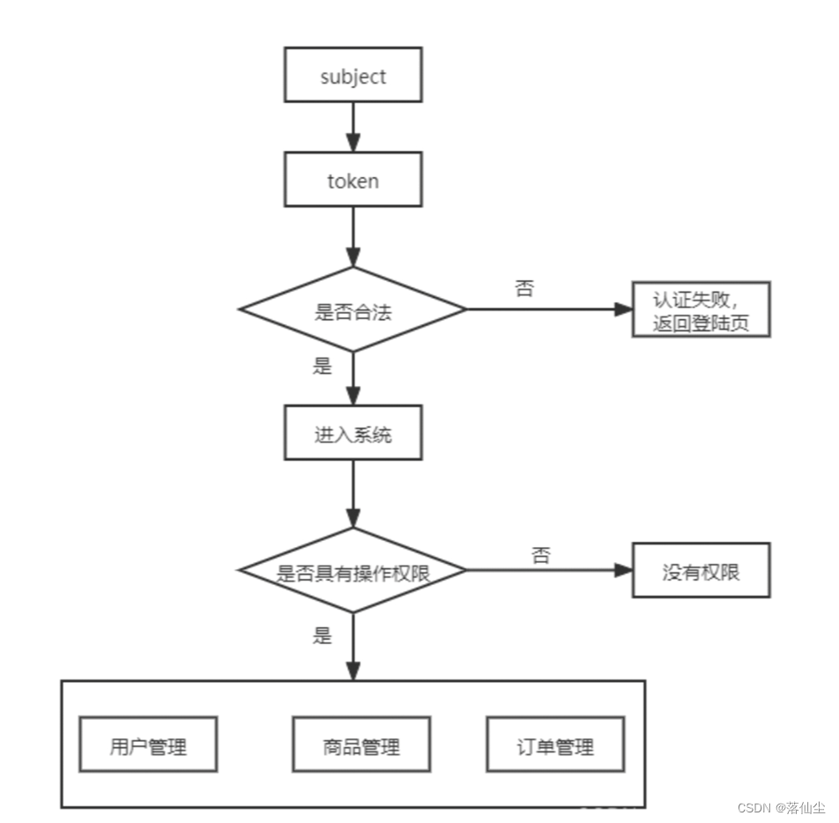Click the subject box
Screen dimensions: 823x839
click(x=353, y=77)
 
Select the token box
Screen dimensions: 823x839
click(x=353, y=182)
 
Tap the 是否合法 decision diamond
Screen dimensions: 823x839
click(x=353, y=309)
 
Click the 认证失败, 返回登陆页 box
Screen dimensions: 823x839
click(x=701, y=309)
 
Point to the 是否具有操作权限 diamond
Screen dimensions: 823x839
click(x=353, y=571)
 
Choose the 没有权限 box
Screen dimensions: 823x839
click(x=701, y=571)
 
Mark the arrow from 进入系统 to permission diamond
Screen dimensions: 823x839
click(x=353, y=493)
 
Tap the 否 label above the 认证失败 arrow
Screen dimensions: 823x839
click(x=524, y=289)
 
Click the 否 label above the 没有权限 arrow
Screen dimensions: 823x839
click(x=540, y=555)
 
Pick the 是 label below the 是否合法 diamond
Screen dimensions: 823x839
click(x=323, y=367)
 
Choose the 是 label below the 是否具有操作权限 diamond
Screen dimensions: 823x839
click(x=323, y=635)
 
